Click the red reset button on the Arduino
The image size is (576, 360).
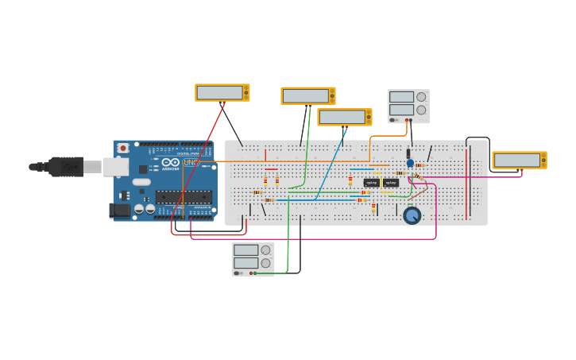point(123,148)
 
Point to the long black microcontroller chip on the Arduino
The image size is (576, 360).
point(183,197)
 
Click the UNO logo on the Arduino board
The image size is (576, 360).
point(191,162)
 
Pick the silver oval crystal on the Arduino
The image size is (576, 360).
point(141,182)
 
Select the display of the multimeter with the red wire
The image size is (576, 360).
point(219,92)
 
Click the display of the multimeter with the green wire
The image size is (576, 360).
point(305,95)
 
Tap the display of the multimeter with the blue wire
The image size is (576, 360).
point(342,117)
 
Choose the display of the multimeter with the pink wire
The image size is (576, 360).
point(516,160)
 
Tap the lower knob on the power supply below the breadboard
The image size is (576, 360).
point(265,263)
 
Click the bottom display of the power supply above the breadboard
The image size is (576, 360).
point(401,110)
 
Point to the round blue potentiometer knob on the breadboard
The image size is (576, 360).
point(412,215)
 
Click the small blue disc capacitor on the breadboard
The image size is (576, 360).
point(410,163)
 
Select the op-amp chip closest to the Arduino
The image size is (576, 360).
point(371,183)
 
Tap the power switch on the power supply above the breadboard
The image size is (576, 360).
point(393,120)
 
